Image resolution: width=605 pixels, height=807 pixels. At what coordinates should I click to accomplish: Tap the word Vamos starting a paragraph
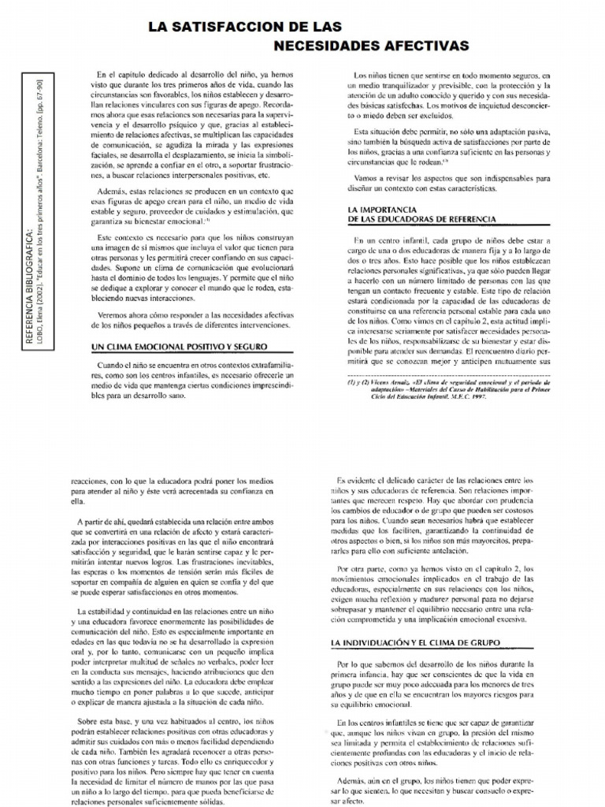369,179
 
